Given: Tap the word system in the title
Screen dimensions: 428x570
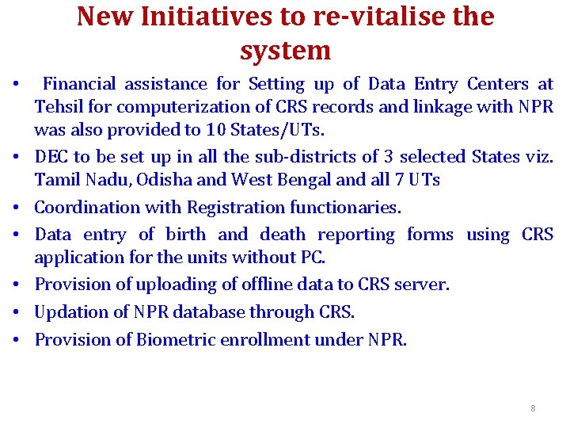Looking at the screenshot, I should pyautogui.click(x=285, y=51).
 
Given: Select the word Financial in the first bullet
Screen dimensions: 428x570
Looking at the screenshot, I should pyautogui.click(x=79, y=84).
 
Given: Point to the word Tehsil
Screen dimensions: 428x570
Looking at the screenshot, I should pyautogui.click(x=55, y=106).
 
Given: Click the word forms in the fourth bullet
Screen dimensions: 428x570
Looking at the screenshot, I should pyautogui.click(x=430, y=235).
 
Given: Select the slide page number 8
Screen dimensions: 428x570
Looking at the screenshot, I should pyautogui.click(x=533, y=408).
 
